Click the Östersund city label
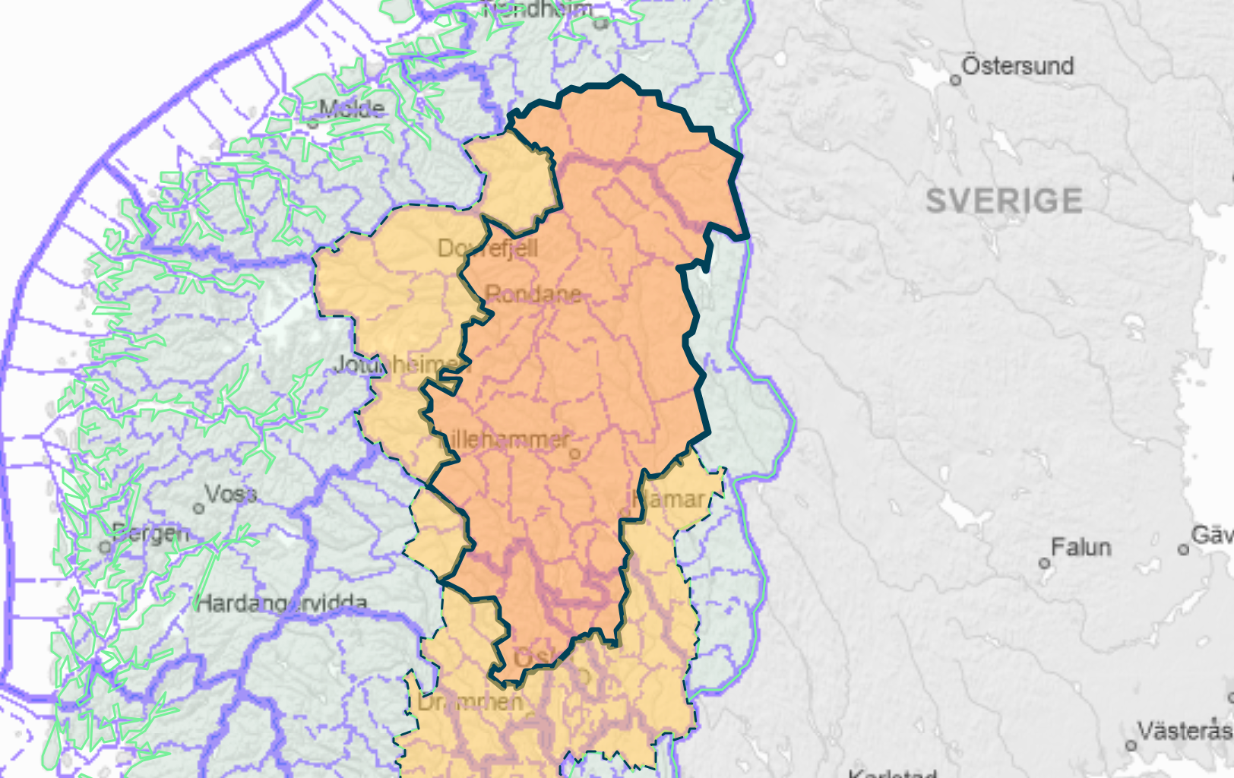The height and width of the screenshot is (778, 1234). coord(1017,66)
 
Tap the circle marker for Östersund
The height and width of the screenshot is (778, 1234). coord(956,80)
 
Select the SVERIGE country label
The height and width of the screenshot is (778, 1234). coord(1004,201)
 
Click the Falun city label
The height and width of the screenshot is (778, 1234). coord(1081,547)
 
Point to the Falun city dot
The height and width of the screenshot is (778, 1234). coord(1045,563)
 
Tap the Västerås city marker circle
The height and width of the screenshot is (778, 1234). coord(1131,745)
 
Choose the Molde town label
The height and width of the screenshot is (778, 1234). coord(352,109)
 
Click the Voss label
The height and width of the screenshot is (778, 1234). coord(231,495)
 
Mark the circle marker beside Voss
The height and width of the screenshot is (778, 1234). coord(199,508)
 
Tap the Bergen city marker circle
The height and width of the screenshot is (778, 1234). coord(106,547)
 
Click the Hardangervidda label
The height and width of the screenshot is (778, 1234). coord(282,604)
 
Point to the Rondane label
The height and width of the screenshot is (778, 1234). coord(533,294)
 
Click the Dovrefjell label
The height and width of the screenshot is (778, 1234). coord(488,248)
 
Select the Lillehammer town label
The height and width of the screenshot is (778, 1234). coord(508,438)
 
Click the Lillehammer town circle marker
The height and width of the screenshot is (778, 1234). coord(574,454)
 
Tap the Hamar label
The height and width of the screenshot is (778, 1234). coord(669,499)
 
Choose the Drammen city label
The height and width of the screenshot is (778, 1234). coord(470,702)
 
